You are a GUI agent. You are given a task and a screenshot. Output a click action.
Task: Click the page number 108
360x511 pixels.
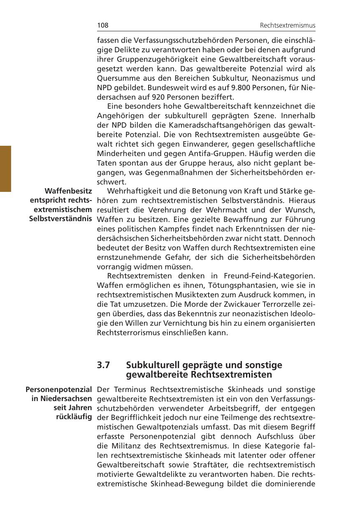(102, 26)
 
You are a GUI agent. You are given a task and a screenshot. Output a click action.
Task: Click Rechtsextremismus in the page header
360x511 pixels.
(288, 26)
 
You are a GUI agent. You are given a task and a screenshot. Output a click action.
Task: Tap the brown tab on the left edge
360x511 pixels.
(5, 168)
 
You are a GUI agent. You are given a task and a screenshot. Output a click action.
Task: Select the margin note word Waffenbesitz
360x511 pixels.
(68, 191)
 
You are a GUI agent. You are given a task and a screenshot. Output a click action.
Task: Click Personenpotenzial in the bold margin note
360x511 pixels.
(58, 389)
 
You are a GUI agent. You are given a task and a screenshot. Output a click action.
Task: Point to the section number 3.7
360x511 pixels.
(104, 365)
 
